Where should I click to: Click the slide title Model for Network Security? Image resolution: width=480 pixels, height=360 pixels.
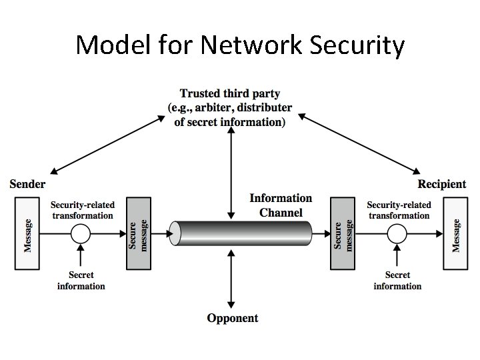pyautogui.click(x=240, y=45)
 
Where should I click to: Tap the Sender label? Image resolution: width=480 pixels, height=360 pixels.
pyautogui.click(x=27, y=184)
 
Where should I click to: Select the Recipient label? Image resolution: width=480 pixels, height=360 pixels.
pyautogui.click(x=441, y=184)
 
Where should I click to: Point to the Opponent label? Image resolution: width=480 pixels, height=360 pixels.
pyautogui.click(x=232, y=318)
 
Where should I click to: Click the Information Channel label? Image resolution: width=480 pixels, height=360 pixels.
pyautogui.click(x=281, y=205)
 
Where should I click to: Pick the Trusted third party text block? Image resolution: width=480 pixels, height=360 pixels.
pyautogui.click(x=230, y=107)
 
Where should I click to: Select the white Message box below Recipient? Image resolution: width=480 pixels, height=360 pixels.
pyautogui.click(x=456, y=233)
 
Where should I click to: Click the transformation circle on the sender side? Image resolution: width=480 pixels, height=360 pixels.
pyautogui.click(x=81, y=233)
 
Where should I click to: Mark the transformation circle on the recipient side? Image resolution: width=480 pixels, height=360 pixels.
pyautogui.click(x=397, y=233)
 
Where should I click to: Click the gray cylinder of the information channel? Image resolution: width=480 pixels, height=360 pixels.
pyautogui.click(x=241, y=233)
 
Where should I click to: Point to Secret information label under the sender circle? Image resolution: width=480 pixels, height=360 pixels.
pyautogui.click(x=81, y=281)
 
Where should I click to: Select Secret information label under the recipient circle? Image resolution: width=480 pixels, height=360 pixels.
pyautogui.click(x=397, y=281)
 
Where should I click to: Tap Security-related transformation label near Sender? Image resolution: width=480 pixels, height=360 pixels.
pyautogui.click(x=83, y=210)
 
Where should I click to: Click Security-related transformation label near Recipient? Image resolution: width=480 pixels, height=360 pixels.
pyautogui.click(x=399, y=210)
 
